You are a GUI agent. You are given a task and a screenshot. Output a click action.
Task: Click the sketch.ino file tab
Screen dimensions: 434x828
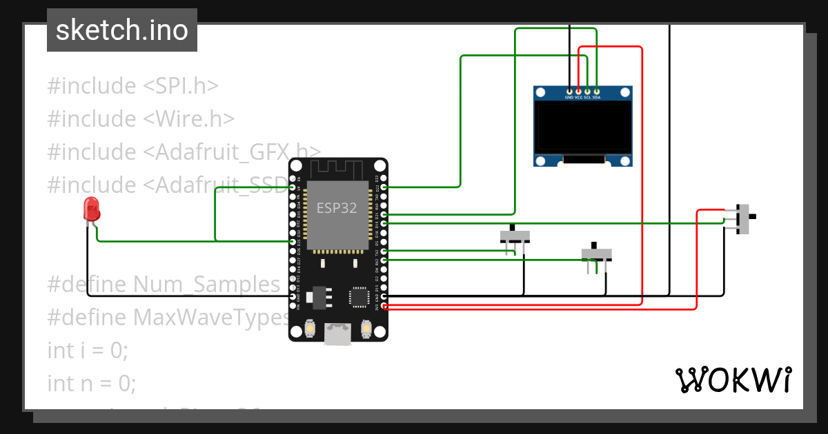pyautogui.click(x=121, y=30)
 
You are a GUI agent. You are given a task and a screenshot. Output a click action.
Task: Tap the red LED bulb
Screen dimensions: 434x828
pyautogui.click(x=90, y=208)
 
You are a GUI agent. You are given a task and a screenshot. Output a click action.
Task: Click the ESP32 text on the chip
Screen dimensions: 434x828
pyautogui.click(x=337, y=208)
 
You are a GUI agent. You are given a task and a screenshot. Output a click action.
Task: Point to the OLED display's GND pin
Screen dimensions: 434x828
pyautogui.click(x=569, y=91)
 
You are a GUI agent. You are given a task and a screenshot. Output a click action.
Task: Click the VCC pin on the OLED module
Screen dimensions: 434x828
pyautogui.click(x=578, y=91)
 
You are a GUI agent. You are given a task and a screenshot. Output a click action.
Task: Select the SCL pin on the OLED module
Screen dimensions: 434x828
pyautogui.click(x=587, y=91)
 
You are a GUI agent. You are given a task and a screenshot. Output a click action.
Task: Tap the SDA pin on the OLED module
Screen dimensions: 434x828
pyautogui.click(x=596, y=91)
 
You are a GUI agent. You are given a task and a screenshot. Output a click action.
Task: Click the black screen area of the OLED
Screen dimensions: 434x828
pyautogui.click(x=583, y=127)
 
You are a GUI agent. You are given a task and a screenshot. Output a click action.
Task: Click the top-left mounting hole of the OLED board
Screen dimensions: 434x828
pyautogui.click(x=542, y=92)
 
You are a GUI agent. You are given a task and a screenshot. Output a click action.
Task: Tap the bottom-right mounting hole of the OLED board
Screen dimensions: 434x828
pyautogui.click(x=624, y=161)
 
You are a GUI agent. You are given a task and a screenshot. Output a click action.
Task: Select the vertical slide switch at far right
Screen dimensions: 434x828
pyautogui.click(x=744, y=218)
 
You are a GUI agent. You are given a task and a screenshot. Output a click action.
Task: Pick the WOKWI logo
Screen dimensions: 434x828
pyautogui.click(x=733, y=380)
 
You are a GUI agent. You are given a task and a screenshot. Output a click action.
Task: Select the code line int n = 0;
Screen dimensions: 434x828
pyautogui.click(x=91, y=383)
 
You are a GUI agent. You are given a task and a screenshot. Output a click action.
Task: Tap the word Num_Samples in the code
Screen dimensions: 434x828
pyautogui.click(x=206, y=284)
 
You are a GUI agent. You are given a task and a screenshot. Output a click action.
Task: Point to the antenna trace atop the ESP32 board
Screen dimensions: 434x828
pyautogui.click(x=337, y=169)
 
